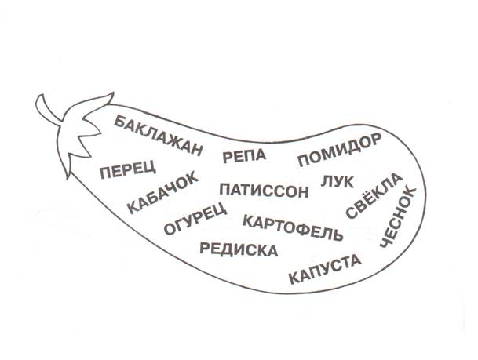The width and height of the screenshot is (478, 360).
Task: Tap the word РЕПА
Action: [245, 155]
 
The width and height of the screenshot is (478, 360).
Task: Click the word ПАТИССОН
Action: [258, 190]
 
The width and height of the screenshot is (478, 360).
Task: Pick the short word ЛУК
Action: [338, 183]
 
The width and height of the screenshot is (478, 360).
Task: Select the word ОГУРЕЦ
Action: [195, 220]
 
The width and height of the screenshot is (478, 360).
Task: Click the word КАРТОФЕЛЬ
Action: [293, 227]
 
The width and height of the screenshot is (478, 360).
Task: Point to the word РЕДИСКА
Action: [239, 250]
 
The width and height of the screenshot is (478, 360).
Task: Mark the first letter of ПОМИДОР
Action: [302, 162]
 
